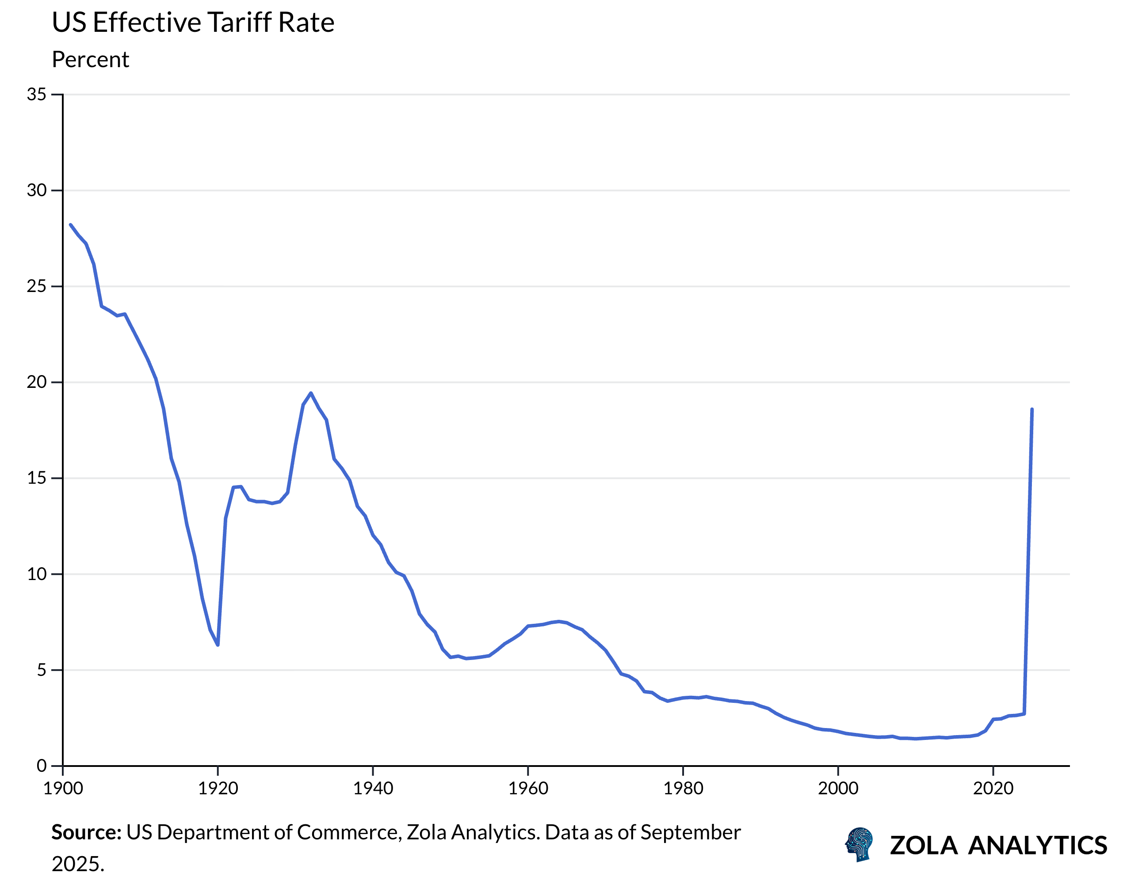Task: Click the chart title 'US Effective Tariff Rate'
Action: coord(193,23)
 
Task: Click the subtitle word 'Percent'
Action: coord(90,60)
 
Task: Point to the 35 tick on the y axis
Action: coord(36,94)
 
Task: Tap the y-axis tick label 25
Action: coord(36,286)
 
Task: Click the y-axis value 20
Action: coord(36,382)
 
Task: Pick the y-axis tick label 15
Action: coord(36,478)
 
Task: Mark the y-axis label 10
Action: coord(36,573)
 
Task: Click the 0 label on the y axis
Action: coord(41,766)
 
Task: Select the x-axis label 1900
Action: coord(63,788)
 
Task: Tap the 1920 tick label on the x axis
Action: coord(218,788)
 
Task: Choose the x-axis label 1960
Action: coord(528,788)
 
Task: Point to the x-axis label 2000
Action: coord(838,788)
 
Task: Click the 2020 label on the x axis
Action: coord(993,788)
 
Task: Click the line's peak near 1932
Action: coord(310,393)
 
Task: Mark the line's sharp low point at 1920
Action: coord(218,645)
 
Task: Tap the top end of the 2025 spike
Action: coord(1032,409)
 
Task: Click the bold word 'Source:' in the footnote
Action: coord(86,833)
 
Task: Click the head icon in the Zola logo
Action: coord(859,845)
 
